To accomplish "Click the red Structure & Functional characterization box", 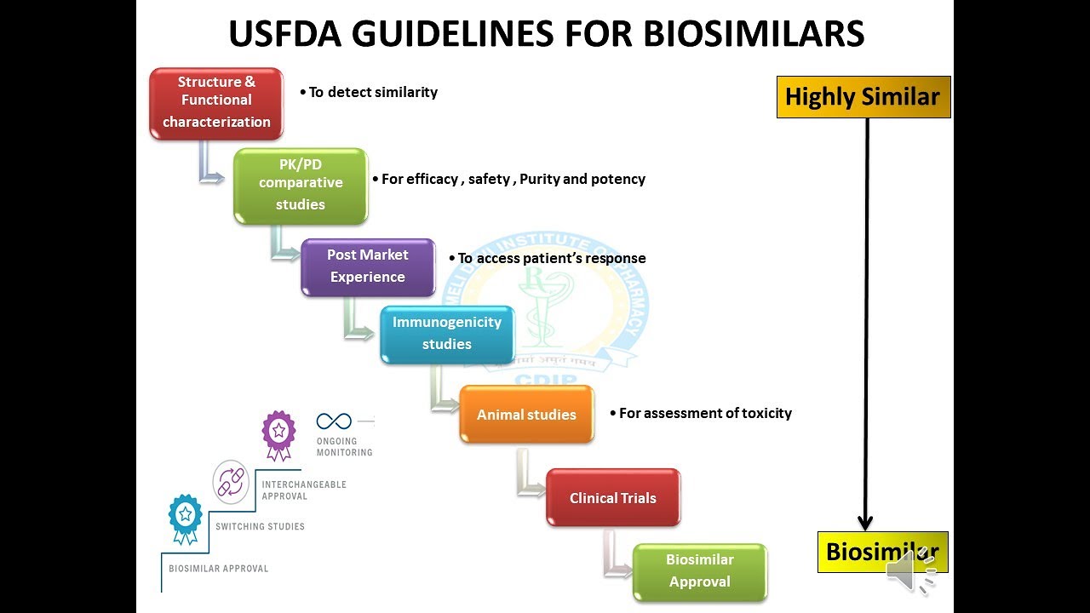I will tap(216, 102).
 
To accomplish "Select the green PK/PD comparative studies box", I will tap(301, 185).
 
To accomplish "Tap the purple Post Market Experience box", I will tap(368, 266).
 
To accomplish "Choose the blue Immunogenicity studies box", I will tap(447, 334).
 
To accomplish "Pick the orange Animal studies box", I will tap(526, 415).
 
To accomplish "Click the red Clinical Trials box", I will tap(613, 498).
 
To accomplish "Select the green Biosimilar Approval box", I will tap(700, 571).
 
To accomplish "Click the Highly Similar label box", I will tap(863, 97).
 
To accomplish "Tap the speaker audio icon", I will tap(909, 571).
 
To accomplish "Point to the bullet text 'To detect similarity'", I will tap(372, 92).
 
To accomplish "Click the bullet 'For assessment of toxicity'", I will tap(704, 413).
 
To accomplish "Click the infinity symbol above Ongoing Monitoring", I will tap(334, 421).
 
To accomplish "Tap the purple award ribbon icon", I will tap(278, 433).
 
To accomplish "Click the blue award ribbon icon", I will tap(185, 516).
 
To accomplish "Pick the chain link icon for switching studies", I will tap(231, 480).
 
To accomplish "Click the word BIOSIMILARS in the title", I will tap(754, 34).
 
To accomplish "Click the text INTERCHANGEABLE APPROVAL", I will tap(304, 490).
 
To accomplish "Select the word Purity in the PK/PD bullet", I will tap(539, 179).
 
